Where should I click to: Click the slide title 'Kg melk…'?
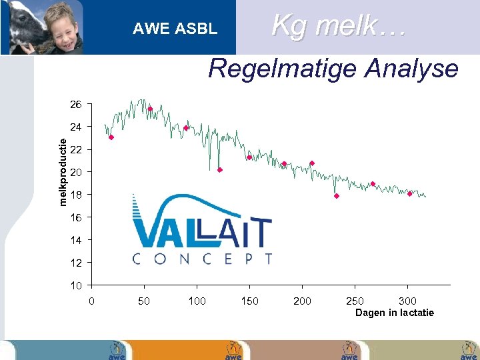pos(339,26)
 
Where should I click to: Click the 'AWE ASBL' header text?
pos(175,29)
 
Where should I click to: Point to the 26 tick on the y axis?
pos(76,105)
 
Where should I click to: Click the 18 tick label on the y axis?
pos(76,195)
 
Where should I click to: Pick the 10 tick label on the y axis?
pos(76,285)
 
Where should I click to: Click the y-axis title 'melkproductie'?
pos(62,171)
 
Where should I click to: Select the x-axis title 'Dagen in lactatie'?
pos(395,313)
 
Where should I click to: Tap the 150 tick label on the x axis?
pos(249,301)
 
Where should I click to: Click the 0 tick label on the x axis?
pos(92,301)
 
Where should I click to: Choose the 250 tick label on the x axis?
pos(355,301)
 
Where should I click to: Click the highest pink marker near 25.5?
pos(150,109)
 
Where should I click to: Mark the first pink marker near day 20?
pos(111,137)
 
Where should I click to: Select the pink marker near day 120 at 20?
pos(219,170)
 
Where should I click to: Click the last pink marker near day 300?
pos(410,194)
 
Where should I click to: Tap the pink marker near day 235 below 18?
pos(337,196)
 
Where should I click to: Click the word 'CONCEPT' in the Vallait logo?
pos(203,259)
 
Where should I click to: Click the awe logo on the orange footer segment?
pos(233,351)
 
